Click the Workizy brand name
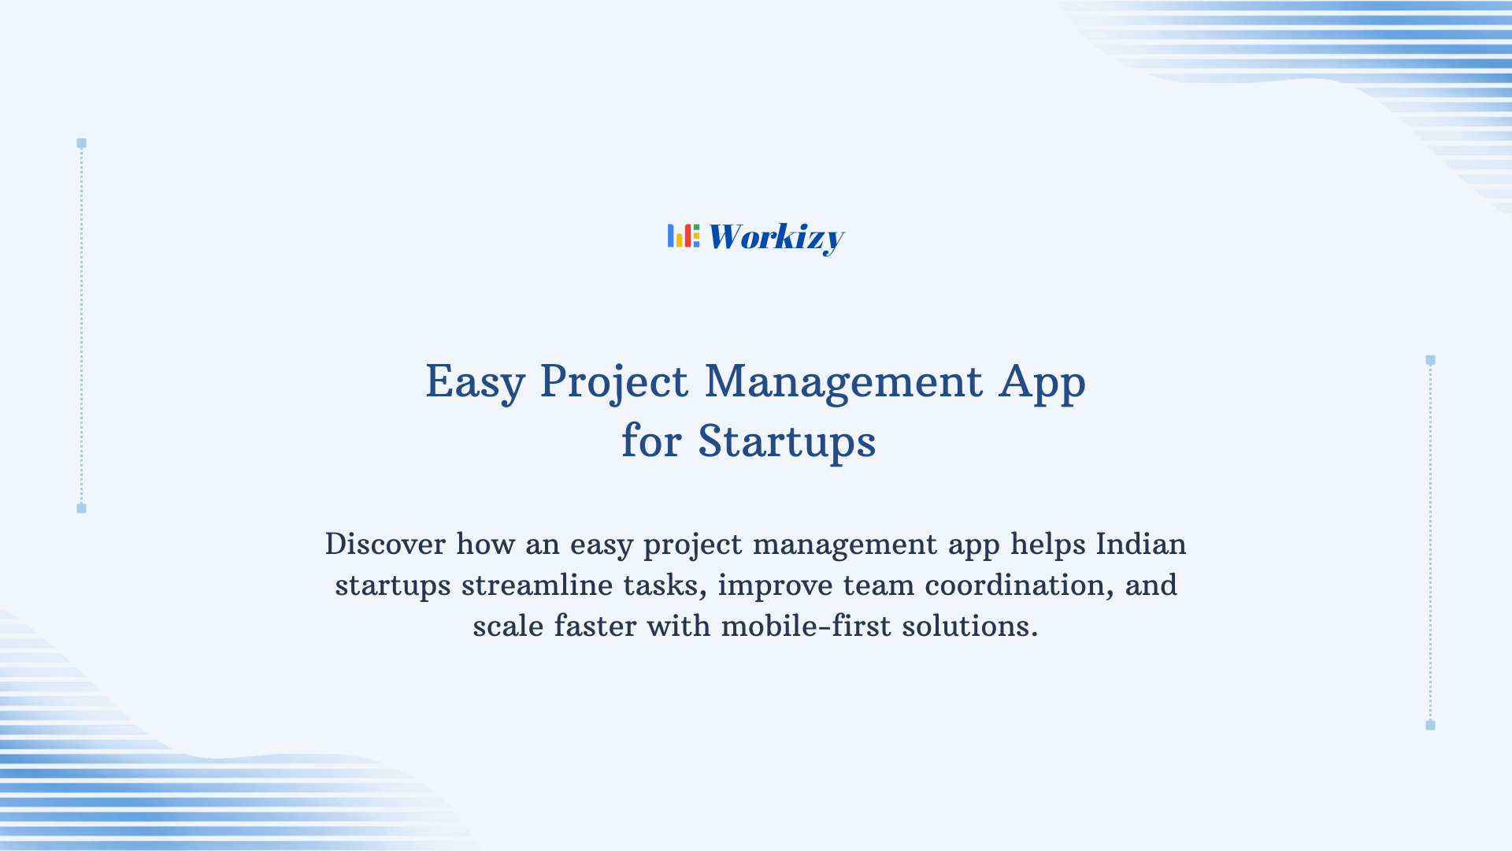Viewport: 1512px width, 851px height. [x=776, y=237]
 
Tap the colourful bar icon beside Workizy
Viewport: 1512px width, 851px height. [x=683, y=236]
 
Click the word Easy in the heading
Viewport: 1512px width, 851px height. [x=475, y=382]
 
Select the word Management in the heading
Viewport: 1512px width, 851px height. [x=843, y=382]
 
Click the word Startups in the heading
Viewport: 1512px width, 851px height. [x=787, y=442]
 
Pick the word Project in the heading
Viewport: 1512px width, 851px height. [x=613, y=382]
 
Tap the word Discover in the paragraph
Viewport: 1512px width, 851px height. [x=385, y=544]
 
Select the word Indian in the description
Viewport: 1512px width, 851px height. [x=1140, y=544]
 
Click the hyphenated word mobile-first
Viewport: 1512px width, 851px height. [x=806, y=626]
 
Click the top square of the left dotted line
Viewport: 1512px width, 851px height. [x=81, y=143]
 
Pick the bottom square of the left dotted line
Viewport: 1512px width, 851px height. [x=81, y=508]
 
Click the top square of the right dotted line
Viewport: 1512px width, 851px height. [x=1430, y=360]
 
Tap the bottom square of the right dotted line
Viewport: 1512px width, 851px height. [x=1430, y=725]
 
